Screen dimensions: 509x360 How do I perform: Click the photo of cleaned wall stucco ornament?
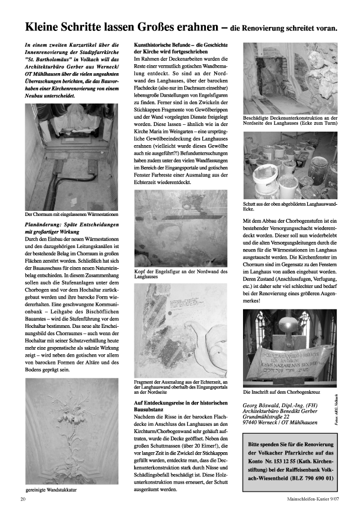point(73,430)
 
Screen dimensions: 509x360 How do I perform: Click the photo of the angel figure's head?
point(182,229)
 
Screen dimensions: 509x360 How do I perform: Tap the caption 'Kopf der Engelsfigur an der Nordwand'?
point(181,272)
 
